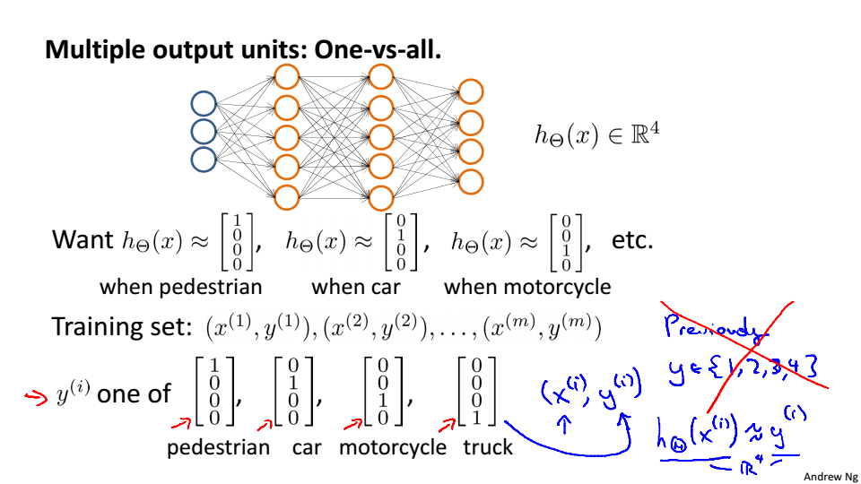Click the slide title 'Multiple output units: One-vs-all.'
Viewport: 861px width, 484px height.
tap(243, 49)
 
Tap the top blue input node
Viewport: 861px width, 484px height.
tap(204, 104)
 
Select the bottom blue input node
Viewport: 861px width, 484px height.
tap(204, 160)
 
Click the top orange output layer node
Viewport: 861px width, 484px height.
tap(471, 91)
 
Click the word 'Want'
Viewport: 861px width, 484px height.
tap(83, 240)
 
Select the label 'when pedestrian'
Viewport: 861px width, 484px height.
tap(180, 287)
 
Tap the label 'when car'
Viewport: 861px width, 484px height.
tap(356, 287)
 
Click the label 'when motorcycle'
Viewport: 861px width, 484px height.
tap(527, 287)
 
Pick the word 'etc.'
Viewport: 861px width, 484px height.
tap(632, 240)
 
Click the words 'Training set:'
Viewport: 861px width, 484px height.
tap(123, 326)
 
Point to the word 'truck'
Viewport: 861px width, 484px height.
tap(488, 447)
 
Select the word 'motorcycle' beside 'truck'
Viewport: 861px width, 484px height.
tap(392, 447)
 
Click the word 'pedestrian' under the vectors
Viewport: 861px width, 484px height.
tap(218, 447)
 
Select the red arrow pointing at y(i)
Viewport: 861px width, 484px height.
tap(37, 397)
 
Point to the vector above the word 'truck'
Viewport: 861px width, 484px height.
tap(476, 392)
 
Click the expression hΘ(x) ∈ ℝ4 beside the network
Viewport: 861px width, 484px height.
tap(596, 135)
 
